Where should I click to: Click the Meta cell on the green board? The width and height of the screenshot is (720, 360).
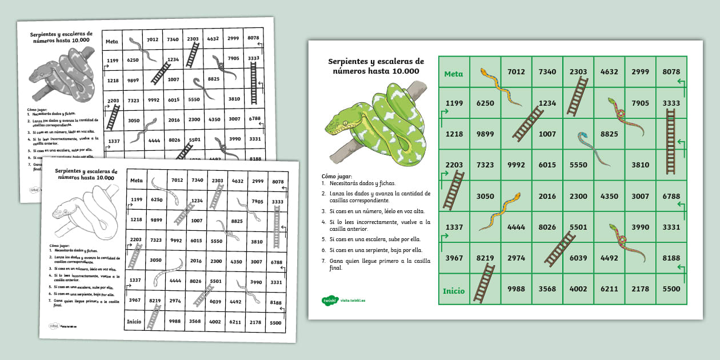pyautogui.click(x=454, y=74)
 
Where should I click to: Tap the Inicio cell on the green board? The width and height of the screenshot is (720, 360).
pyautogui.click(x=454, y=290)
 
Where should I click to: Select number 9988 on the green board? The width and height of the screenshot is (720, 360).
pyautogui.click(x=516, y=289)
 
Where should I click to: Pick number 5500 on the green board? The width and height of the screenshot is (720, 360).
pyautogui.click(x=671, y=289)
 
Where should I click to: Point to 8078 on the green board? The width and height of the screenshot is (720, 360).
pyautogui.click(x=671, y=72)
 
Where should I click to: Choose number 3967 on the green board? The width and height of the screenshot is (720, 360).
pyautogui.click(x=454, y=258)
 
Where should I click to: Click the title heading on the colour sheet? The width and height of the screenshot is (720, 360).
pyautogui.click(x=375, y=66)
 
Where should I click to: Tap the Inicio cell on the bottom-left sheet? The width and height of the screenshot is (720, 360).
pyautogui.click(x=134, y=321)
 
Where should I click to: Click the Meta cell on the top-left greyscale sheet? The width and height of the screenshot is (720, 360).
pyautogui.click(x=112, y=41)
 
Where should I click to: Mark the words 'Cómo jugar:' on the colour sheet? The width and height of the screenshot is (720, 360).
pyautogui.click(x=337, y=177)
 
